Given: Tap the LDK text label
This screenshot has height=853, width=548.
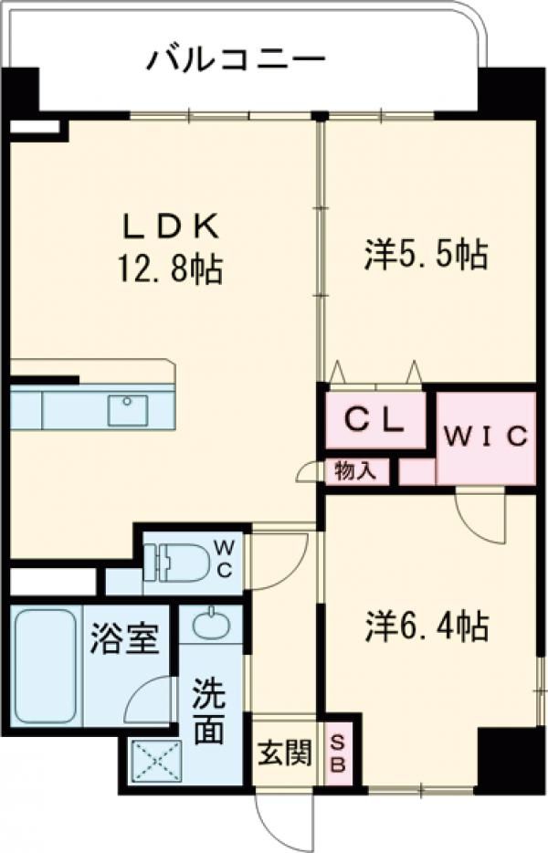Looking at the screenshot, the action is point(171,226).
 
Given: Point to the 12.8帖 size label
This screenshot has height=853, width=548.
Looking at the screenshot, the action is point(169,269).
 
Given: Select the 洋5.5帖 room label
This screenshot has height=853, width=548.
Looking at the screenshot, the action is point(426,254).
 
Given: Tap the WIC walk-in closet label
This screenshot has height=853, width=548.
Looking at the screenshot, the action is point(486,436).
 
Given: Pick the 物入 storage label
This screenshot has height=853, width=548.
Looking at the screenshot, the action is point(355,470).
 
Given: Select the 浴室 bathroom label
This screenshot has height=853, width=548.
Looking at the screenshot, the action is point(124,638).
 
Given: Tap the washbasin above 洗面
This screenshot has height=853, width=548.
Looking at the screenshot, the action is point(209,624).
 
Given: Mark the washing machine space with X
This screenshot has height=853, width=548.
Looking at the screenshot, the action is point(156,761).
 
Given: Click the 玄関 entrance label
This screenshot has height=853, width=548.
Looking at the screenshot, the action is point(284,753).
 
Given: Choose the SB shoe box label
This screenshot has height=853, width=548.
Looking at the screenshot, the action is point(338,753).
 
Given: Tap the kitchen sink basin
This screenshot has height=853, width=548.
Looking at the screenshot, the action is point(128,410).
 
